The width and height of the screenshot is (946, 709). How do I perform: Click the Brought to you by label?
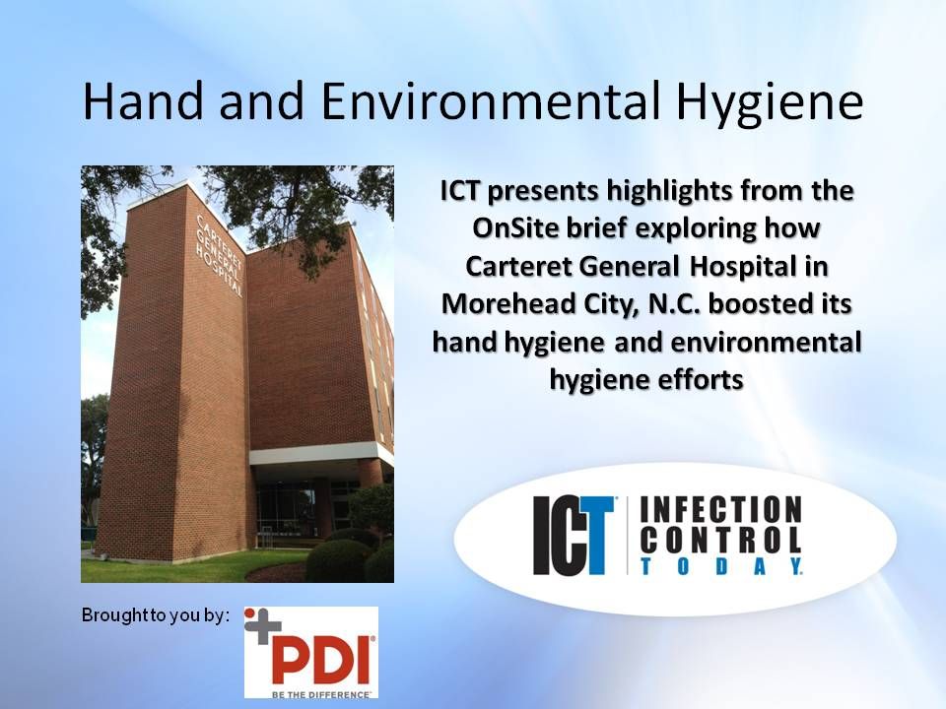(x=155, y=615)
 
